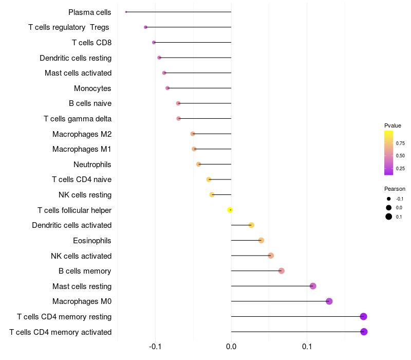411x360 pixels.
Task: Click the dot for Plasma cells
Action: (x=126, y=12)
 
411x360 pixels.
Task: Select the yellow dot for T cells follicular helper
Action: (x=230, y=210)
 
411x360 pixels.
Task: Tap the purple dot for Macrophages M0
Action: (x=329, y=301)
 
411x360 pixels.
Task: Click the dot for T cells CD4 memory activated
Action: (x=364, y=332)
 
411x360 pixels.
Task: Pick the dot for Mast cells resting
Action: (x=313, y=286)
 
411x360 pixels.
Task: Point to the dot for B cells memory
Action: (x=281, y=271)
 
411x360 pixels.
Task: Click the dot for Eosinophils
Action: (x=261, y=240)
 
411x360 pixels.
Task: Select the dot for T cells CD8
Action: (x=154, y=42)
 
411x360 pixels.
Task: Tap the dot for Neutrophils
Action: (x=199, y=164)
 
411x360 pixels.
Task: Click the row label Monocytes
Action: (x=92, y=88)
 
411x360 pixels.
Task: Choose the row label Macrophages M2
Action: (x=82, y=134)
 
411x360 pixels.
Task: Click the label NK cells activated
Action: (x=81, y=256)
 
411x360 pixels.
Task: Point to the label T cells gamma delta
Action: (x=78, y=119)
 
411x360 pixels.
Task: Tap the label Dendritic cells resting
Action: (x=76, y=58)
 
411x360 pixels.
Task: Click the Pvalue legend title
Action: (x=393, y=125)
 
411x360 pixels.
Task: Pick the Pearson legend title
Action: (x=395, y=189)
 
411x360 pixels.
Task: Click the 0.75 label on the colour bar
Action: (x=400, y=143)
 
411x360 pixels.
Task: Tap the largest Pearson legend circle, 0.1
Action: (x=389, y=217)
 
